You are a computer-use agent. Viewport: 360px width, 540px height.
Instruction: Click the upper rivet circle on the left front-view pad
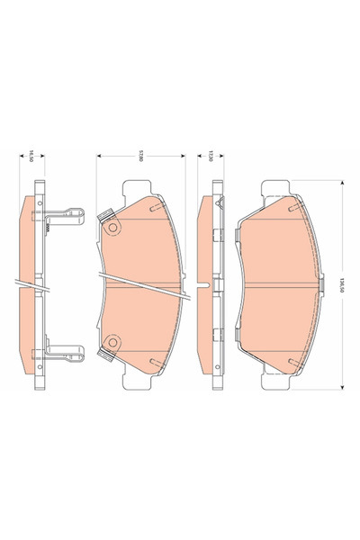pos(112,229)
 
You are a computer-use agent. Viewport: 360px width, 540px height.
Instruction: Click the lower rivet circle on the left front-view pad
pos(112,342)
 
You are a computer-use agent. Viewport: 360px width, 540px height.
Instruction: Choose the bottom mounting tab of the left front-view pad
pos(139,385)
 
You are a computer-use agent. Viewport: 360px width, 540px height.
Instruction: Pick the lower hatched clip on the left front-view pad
pos(103,357)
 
